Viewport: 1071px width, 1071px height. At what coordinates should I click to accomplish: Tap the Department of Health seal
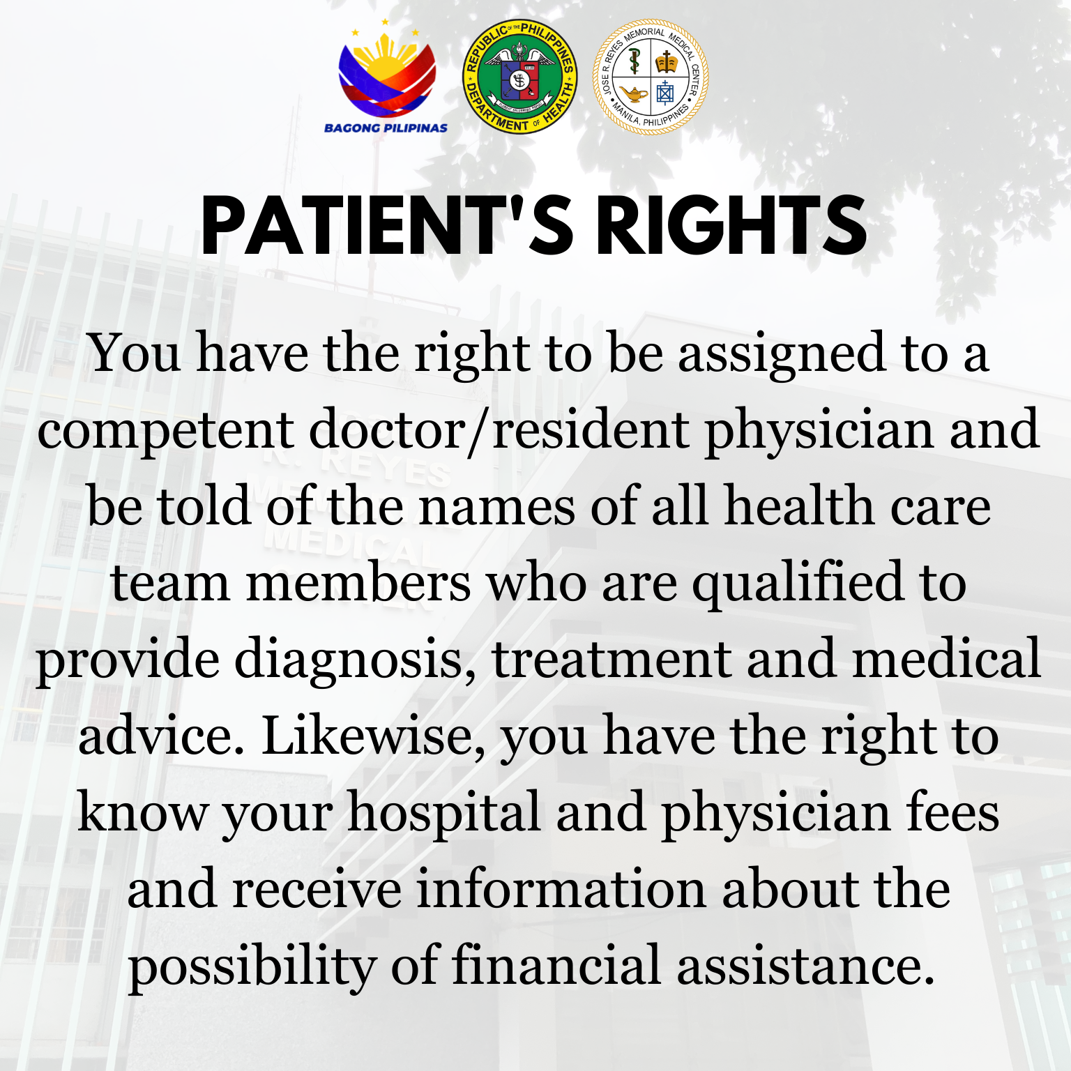point(519,77)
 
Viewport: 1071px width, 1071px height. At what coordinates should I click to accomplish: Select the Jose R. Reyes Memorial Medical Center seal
point(651,77)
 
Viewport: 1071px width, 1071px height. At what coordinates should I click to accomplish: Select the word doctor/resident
point(499,430)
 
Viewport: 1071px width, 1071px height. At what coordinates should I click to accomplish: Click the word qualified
point(797,583)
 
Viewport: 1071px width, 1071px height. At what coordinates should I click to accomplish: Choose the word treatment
point(612,660)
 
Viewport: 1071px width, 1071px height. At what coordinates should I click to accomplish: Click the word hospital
point(444,813)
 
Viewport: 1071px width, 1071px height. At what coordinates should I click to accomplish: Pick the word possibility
point(252,966)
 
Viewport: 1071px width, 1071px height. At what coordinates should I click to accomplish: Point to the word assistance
point(805,966)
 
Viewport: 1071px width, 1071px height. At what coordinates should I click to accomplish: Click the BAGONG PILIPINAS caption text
point(386,128)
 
